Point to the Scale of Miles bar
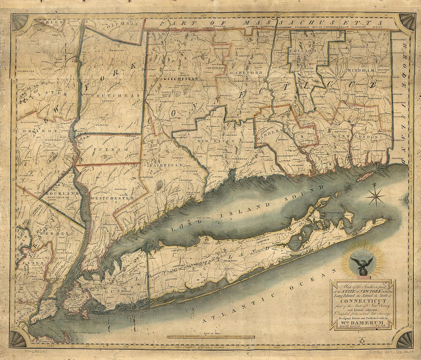pyautogui.click(x=210, y=337)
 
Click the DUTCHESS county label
pyautogui.click(x=112, y=96)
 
